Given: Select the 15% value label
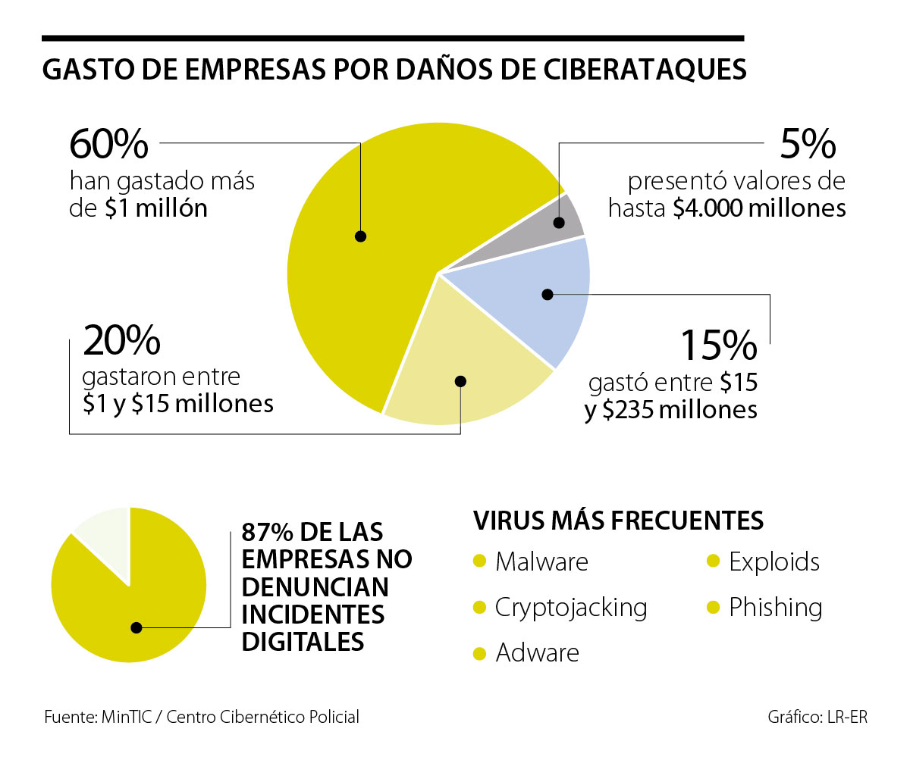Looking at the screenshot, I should [x=717, y=344].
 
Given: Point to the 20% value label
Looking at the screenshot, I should [x=121, y=340].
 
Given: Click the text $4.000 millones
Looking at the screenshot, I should [x=759, y=208].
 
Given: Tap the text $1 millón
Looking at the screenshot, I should [x=156, y=208].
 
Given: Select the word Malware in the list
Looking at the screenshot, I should [x=541, y=562].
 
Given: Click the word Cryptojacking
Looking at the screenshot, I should [x=570, y=608].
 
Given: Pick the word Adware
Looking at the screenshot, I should [x=537, y=653].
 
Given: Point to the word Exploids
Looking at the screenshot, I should [x=774, y=562].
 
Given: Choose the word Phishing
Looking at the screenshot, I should [x=775, y=608].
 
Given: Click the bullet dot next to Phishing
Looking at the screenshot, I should [x=712, y=608].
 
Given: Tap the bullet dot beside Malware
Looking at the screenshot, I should [x=479, y=562].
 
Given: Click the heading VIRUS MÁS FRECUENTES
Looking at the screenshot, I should [x=618, y=521].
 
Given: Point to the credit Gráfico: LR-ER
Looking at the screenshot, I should [x=817, y=717].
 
